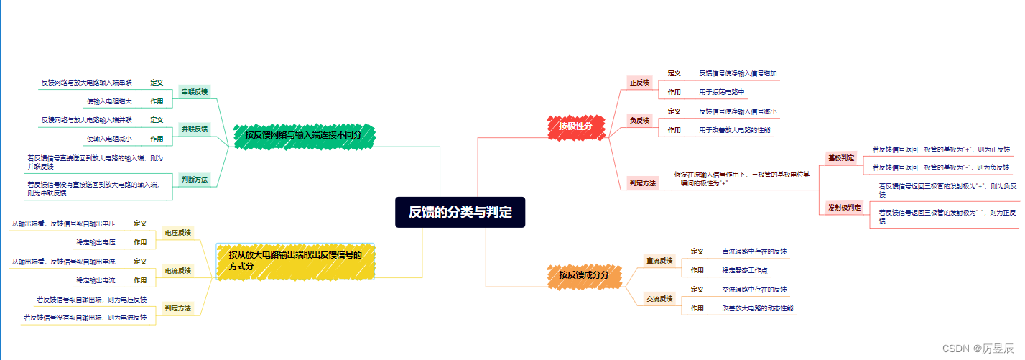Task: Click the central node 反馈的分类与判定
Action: (x=460, y=212)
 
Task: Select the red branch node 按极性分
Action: (x=575, y=126)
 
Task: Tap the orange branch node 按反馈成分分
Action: (x=583, y=275)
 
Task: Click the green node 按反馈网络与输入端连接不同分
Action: (x=302, y=134)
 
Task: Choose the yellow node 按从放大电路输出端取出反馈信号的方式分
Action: (x=295, y=260)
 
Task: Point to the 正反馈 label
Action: (x=639, y=83)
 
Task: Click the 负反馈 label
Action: (x=639, y=120)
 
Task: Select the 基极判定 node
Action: (x=841, y=157)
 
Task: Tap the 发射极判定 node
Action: (x=844, y=208)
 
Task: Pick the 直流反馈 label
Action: (x=659, y=260)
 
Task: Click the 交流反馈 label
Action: (x=659, y=298)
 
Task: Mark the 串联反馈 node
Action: (x=194, y=92)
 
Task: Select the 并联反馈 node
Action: (x=194, y=129)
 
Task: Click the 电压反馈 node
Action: (x=177, y=233)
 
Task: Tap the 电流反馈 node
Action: (x=177, y=271)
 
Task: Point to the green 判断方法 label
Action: (x=194, y=180)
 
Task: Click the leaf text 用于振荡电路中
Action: (x=722, y=92)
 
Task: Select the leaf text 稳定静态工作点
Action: (x=745, y=270)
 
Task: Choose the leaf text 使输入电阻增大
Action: (x=108, y=101)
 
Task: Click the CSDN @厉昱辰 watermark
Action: (x=980, y=348)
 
